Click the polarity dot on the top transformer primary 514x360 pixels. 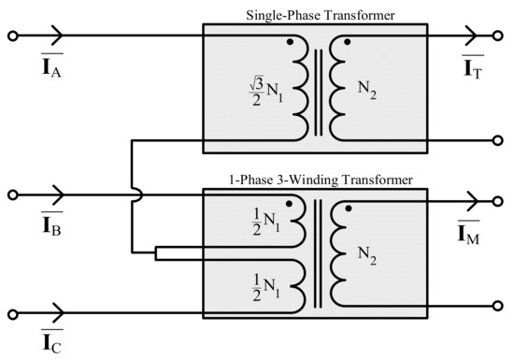[x=292, y=43]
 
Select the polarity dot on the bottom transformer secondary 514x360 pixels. [x=348, y=208]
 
